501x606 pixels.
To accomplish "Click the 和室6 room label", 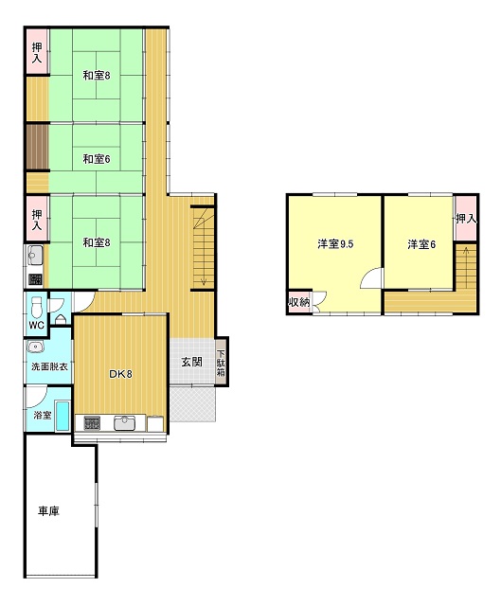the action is point(97,159).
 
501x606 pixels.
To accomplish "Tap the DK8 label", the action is point(120,374).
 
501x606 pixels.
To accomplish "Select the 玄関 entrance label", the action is point(192,362).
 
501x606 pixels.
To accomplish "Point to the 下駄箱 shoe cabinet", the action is point(222,362).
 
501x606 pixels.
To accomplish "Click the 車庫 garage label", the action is point(48,511).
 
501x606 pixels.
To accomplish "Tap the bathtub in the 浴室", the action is point(63,416).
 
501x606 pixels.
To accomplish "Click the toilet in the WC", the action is point(36,307).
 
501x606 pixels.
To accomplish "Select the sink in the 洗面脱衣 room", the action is point(36,347).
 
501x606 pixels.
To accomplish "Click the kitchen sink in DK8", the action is point(124,423).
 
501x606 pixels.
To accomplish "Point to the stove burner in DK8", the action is point(92,423).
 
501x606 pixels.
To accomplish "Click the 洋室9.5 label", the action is point(335,244).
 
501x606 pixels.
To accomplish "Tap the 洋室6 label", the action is point(421,244).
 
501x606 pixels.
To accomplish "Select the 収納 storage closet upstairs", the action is point(299,302).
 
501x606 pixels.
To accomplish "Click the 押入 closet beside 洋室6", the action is point(465,219).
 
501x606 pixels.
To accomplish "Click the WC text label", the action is point(37,325).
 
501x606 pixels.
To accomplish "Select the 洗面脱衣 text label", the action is point(49,366).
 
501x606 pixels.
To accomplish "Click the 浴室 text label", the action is point(42,416).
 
